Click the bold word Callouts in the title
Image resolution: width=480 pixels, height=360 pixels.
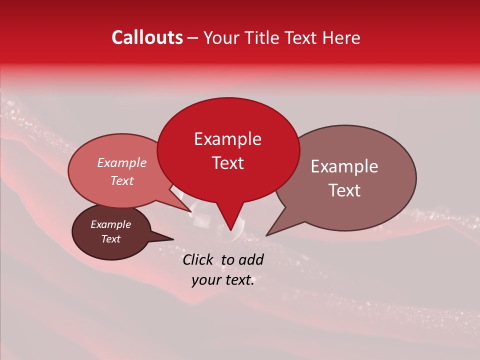tap(147, 37)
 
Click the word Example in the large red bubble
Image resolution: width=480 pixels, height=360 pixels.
tap(227, 139)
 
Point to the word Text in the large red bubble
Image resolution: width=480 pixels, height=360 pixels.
tap(227, 163)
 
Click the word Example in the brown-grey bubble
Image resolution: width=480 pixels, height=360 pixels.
tap(344, 166)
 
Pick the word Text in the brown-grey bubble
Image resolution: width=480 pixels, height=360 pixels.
tap(344, 190)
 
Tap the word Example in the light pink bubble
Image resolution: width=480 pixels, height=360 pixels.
tap(121, 163)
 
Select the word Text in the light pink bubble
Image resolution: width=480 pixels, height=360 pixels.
tap(121, 181)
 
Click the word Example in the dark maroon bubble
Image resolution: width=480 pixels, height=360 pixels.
tap(110, 224)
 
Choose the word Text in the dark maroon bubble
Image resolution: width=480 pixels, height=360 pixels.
tap(110, 239)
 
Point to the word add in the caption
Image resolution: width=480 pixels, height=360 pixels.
tap(251, 259)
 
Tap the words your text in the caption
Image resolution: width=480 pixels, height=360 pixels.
tap(223, 280)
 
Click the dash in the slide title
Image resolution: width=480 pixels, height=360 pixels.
tap(193, 38)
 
